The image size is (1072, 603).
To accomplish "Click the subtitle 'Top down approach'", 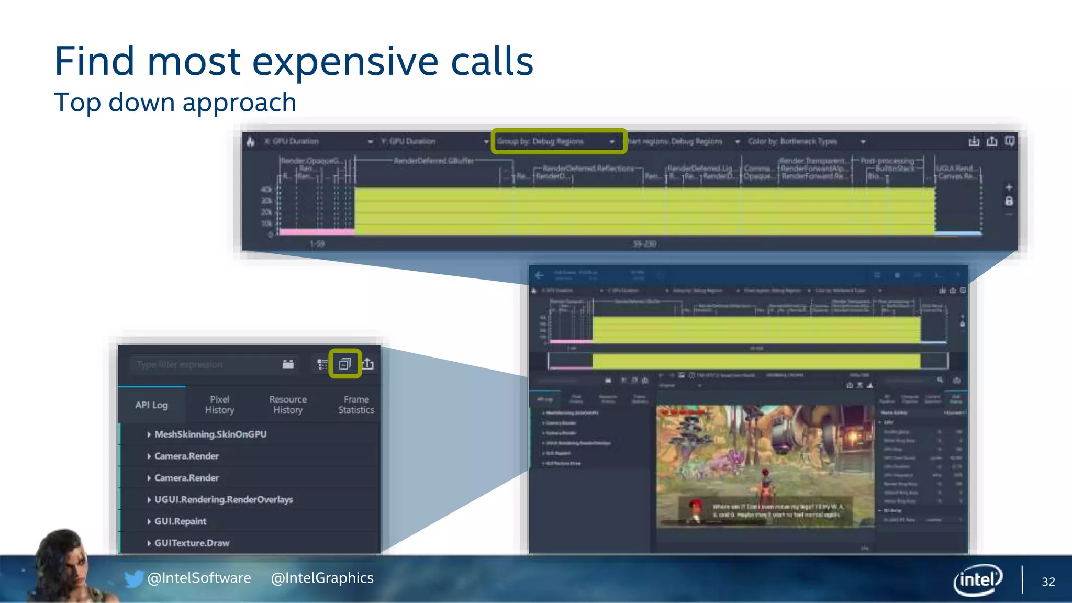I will pyautogui.click(x=175, y=102).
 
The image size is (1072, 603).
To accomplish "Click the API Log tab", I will pyautogui.click(x=151, y=405).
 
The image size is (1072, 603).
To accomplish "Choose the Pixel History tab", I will pyautogui.click(x=219, y=405).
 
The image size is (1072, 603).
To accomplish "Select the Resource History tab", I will pyautogui.click(x=288, y=405).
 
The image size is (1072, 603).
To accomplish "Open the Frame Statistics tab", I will pyautogui.click(x=356, y=405).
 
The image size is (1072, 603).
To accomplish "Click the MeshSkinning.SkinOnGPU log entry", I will pyautogui.click(x=210, y=434).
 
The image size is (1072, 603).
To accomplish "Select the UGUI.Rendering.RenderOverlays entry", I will pyautogui.click(x=224, y=499).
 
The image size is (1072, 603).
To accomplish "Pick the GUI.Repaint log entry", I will pyautogui.click(x=180, y=521).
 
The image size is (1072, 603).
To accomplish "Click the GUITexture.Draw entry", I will pyautogui.click(x=192, y=543).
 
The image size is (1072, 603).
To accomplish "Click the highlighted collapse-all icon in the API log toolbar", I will pyautogui.click(x=345, y=364).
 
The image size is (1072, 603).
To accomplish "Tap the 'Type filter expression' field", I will pyautogui.click(x=204, y=364).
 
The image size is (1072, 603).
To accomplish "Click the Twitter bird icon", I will pyautogui.click(x=133, y=578).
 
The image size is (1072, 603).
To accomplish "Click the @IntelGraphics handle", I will pyautogui.click(x=322, y=578).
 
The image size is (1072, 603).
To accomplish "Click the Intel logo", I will pyautogui.click(x=977, y=579).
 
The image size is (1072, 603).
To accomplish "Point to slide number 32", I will pyautogui.click(x=1048, y=582).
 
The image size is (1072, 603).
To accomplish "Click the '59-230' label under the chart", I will pyautogui.click(x=644, y=244).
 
